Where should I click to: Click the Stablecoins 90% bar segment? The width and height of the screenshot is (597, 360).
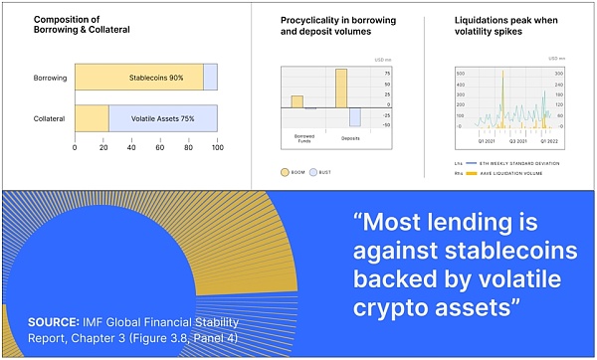pyautogui.click(x=139, y=78)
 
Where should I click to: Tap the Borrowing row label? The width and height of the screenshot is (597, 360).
pyautogui.click(x=50, y=78)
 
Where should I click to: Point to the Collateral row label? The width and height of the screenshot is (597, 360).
pyautogui.click(x=50, y=119)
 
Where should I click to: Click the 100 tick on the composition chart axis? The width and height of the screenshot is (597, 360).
pyautogui.click(x=218, y=148)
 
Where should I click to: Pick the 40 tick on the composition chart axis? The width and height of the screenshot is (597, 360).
pyautogui.click(x=131, y=148)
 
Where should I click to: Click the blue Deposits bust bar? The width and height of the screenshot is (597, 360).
pyautogui.click(x=354, y=115)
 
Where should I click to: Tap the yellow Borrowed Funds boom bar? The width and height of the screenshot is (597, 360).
pyautogui.click(x=297, y=100)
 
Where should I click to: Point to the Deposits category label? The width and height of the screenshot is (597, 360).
pyautogui.click(x=349, y=135)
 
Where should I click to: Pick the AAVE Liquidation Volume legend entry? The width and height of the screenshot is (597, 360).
pyautogui.click(x=502, y=173)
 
